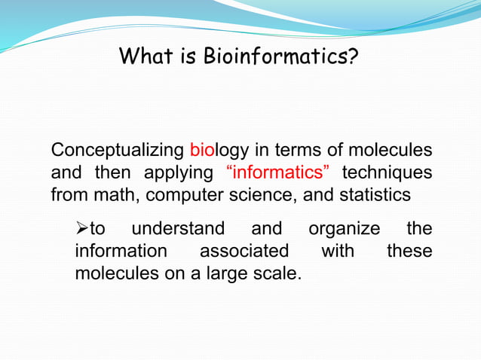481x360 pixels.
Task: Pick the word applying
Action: pos(179,172)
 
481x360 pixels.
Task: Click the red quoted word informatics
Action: pos(278,172)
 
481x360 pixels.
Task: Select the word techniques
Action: pos(388,172)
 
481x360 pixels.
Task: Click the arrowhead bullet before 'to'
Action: pos(82,227)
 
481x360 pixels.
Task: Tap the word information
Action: pos(121,250)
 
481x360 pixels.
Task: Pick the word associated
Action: pos(244,250)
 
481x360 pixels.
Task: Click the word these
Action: pos(409,250)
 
